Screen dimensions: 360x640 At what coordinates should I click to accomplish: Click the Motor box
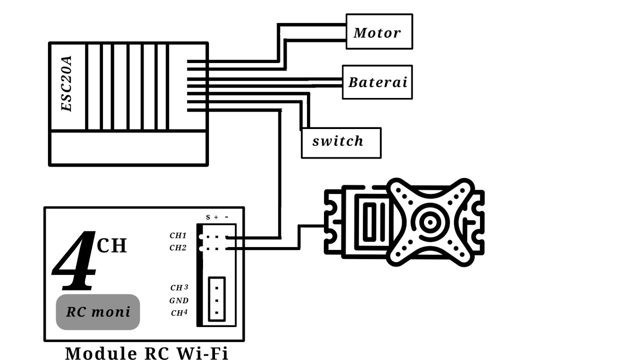pos(379,32)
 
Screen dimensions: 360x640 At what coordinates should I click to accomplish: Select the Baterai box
pos(377,82)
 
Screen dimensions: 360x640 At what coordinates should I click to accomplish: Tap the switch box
pos(340,142)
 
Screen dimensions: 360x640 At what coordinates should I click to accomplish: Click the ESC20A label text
pos(66,84)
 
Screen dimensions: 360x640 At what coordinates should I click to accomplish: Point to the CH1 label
pos(178,235)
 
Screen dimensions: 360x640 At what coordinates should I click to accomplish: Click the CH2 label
pos(178,247)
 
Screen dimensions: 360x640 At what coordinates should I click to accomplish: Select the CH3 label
pos(179,287)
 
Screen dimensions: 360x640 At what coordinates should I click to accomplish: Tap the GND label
pos(178,300)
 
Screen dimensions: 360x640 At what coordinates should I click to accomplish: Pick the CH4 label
pos(179,313)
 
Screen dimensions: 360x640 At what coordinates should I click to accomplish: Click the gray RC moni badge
pos(98,312)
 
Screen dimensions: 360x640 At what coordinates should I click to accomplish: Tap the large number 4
pos(75,261)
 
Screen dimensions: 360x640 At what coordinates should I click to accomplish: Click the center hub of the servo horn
pos(429,223)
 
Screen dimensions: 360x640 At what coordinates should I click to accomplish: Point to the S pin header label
pos(208,217)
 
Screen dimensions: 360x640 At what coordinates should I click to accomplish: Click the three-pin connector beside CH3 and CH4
pos(216,300)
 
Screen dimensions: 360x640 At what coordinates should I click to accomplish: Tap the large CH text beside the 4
pos(111,245)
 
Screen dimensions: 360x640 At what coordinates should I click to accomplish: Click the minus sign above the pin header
pos(226,217)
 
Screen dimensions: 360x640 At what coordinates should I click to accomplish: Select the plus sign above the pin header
pos(216,217)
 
